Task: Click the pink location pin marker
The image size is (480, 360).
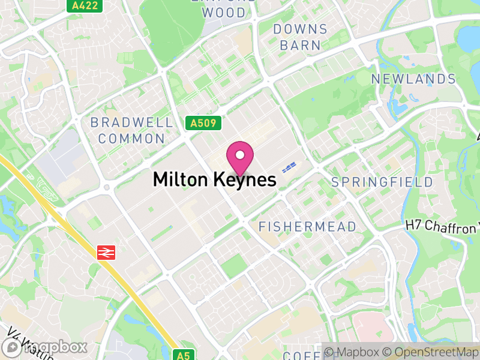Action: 240,157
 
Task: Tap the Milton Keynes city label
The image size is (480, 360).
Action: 214,179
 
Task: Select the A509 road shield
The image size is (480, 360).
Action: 203,124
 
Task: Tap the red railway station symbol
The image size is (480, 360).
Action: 106,253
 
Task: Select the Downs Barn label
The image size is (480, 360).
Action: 300,37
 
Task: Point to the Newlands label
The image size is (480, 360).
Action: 413,79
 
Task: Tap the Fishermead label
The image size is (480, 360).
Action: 307,227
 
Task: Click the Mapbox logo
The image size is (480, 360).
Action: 44,347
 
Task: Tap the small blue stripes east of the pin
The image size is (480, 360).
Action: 290,167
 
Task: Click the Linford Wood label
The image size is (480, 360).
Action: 223,8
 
